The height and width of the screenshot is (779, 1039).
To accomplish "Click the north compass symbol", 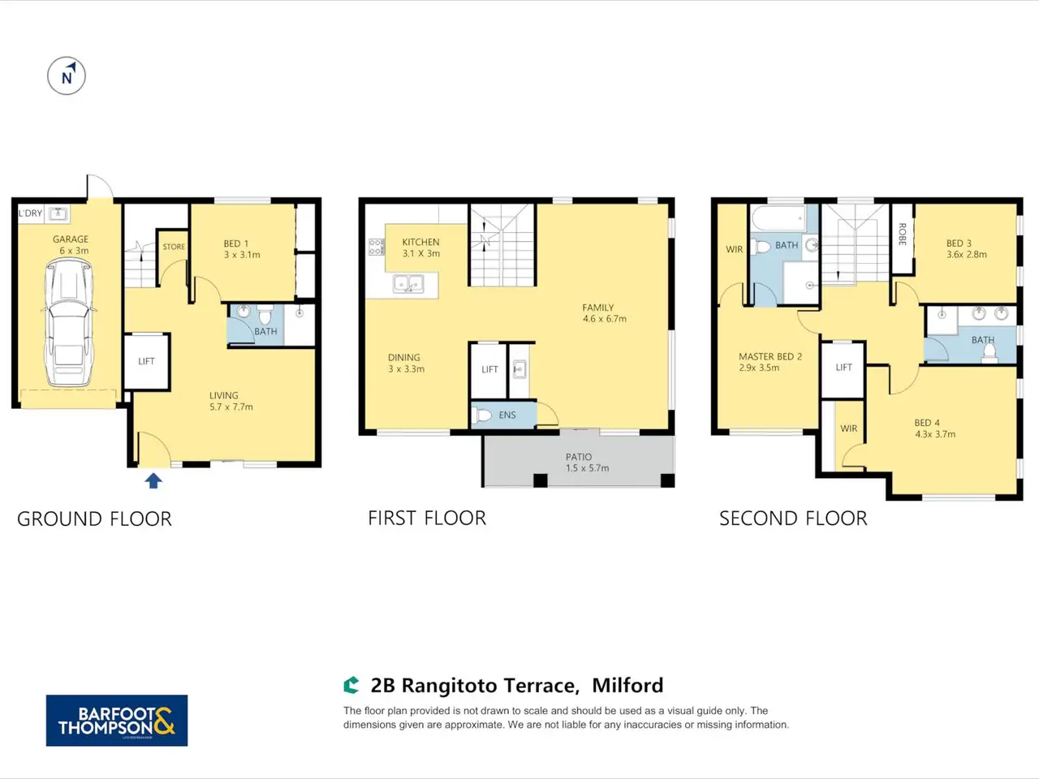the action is pos(67,75).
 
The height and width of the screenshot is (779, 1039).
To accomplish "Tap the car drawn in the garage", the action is pos(69,324).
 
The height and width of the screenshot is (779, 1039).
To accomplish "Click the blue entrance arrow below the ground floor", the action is pos(153,481).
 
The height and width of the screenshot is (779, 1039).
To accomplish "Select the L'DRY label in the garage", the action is pos(30,213).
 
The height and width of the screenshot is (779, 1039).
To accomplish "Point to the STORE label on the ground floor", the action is pos(174,247).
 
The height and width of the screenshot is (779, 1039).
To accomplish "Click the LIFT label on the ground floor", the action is pos(146,361).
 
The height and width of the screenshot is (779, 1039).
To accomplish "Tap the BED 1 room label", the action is pos(235,243).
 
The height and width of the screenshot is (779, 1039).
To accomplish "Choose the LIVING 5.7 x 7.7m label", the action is pos(231,401).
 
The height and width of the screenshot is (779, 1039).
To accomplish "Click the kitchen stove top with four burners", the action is pos(377,247).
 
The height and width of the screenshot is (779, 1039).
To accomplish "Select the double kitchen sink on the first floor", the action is pos(408,284).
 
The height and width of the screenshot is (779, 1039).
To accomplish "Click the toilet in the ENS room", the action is pos(481,415).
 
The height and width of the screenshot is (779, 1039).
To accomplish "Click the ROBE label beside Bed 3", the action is pos(902,235).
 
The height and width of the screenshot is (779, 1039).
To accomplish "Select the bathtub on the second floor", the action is pos(778,218).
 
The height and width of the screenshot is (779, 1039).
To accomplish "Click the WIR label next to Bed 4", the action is pos(849,428).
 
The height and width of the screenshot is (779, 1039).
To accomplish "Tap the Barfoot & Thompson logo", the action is pos(117,721).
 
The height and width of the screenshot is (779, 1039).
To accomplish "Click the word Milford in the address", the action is pos(627,686).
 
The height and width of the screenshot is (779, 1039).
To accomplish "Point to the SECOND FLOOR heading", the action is pos(793,519).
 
